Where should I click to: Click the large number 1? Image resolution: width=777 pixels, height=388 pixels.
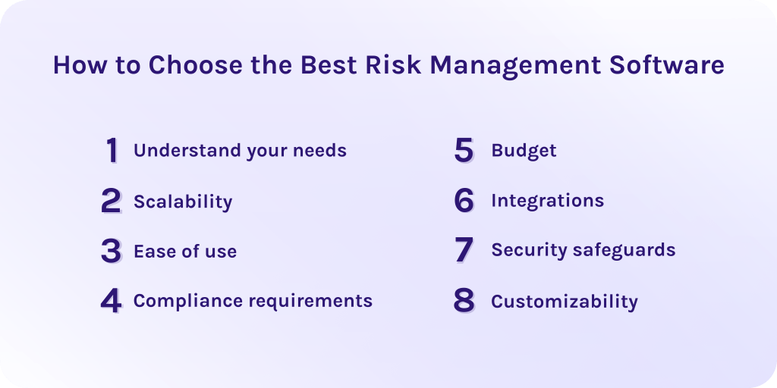tap(112, 151)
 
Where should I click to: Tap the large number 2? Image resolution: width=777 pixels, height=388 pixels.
tap(111, 202)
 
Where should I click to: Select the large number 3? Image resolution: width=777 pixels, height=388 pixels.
tap(111, 251)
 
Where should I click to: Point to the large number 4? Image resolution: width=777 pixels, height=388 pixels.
tap(111, 301)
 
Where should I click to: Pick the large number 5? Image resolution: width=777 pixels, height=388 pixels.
tap(464, 151)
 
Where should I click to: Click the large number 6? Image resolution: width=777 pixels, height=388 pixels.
tap(464, 201)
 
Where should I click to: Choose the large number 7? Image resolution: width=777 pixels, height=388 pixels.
tap(464, 250)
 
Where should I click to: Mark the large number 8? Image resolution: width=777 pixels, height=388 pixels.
tap(464, 301)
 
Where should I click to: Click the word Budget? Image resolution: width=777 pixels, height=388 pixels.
tap(524, 151)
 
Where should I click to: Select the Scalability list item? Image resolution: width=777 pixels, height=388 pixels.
tap(183, 202)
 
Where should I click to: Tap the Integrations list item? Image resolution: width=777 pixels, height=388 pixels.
tap(547, 201)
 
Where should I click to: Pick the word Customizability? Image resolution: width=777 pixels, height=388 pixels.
tap(565, 302)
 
